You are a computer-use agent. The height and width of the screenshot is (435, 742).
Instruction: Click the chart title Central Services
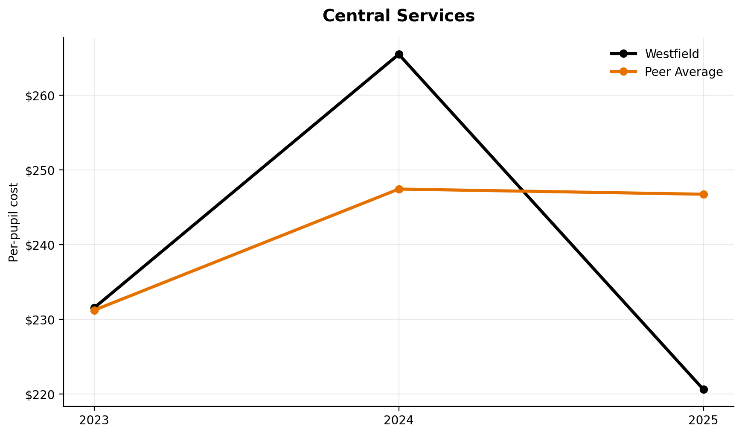pos(399,16)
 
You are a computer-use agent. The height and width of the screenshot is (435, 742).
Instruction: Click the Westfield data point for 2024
pos(399,55)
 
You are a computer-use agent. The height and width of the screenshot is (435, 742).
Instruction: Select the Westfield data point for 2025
pos(704,389)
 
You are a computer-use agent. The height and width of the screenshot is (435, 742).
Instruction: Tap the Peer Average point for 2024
pos(399,189)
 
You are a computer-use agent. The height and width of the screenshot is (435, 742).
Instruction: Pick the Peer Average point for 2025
pos(704,195)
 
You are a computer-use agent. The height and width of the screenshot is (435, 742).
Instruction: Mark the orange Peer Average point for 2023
pos(94,310)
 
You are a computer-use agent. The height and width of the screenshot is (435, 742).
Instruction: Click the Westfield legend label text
pos(672,54)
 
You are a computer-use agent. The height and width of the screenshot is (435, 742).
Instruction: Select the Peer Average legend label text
pos(684,72)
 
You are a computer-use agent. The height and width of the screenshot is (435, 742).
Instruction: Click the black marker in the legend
pos(623,54)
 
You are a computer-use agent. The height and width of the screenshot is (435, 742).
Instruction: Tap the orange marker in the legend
pos(623,72)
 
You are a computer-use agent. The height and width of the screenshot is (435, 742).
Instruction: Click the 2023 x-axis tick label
pos(94,420)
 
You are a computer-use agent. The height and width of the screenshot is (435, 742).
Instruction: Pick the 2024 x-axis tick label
pos(399,420)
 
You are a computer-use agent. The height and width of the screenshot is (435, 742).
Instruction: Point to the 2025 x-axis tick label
pos(704,420)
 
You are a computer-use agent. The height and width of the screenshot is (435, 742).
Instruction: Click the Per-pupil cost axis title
pos(14,222)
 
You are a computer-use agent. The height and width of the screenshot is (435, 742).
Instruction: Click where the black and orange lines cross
pos(523,191)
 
